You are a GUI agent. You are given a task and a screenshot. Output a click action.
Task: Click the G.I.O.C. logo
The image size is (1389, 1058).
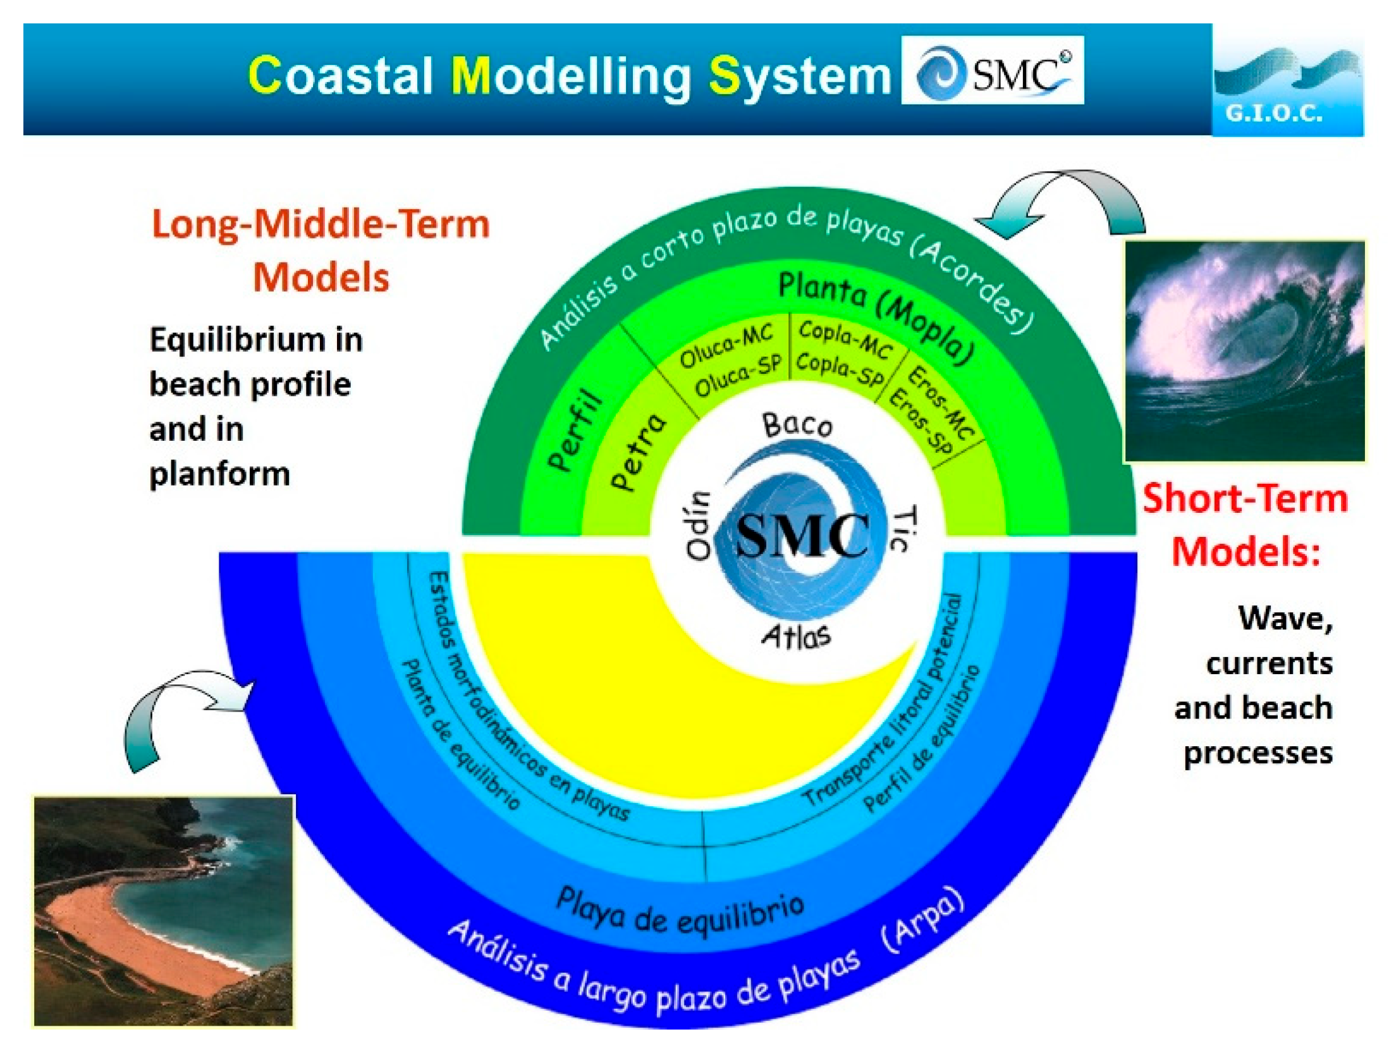1287,85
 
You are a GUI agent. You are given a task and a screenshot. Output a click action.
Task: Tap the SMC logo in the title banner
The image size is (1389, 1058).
992,70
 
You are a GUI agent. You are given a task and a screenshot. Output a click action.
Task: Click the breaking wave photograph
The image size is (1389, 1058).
1244,352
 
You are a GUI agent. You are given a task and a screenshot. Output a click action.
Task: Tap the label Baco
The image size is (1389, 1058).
797,425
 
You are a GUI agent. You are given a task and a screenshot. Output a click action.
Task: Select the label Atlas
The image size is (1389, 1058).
796,636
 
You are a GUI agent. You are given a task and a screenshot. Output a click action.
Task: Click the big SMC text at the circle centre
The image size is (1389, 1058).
802,535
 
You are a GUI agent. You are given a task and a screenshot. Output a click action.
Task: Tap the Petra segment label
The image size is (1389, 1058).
638,451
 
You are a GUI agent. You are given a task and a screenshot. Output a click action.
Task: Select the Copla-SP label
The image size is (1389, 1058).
840,369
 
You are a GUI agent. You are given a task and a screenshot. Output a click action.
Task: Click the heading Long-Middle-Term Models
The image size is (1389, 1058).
321,250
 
